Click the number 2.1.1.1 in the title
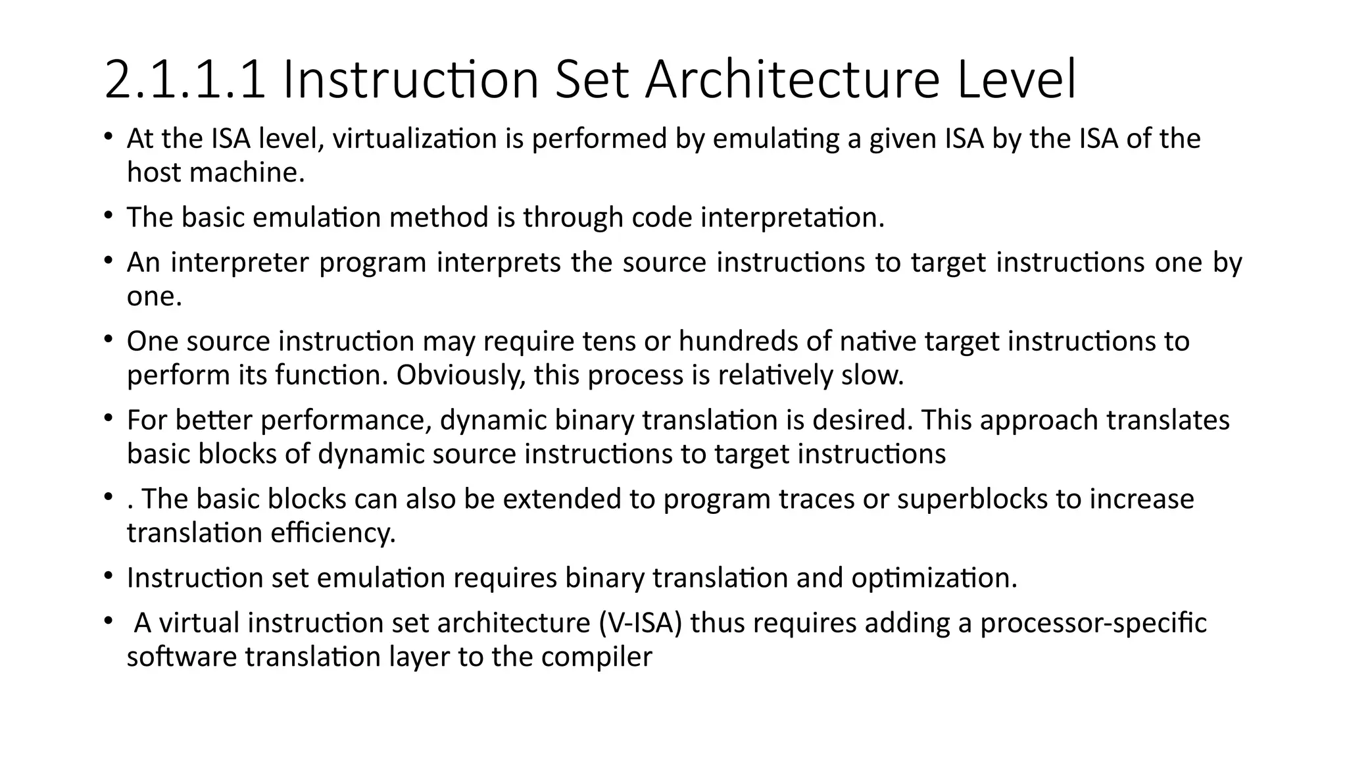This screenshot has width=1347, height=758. [185, 80]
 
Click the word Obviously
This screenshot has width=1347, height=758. [461, 375]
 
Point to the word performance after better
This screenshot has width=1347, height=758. [346, 420]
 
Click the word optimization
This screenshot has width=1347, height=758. [934, 578]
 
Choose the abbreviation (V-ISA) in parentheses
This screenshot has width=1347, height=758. [641, 623]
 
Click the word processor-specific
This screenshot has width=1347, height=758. [1093, 623]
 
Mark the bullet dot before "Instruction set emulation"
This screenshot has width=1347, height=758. [108, 577]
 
